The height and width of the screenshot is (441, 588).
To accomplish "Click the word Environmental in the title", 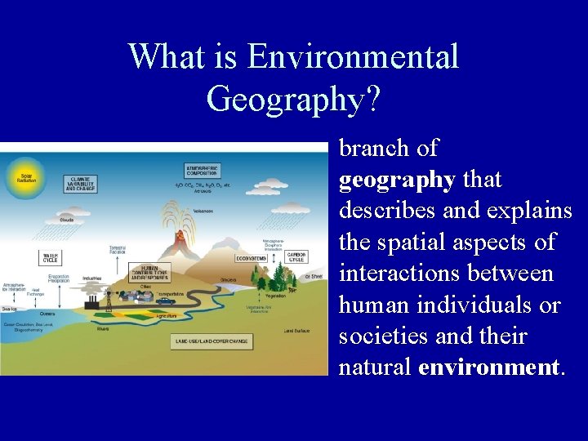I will point(353,57).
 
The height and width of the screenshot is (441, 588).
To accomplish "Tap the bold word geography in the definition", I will point(397,179).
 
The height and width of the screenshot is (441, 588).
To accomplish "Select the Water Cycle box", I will point(51,258).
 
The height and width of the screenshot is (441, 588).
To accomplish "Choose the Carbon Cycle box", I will point(296,256).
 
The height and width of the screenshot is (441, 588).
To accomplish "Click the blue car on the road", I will point(166,301).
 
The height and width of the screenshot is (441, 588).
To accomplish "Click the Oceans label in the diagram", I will point(48,313).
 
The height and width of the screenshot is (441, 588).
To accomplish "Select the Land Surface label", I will point(296,331).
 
